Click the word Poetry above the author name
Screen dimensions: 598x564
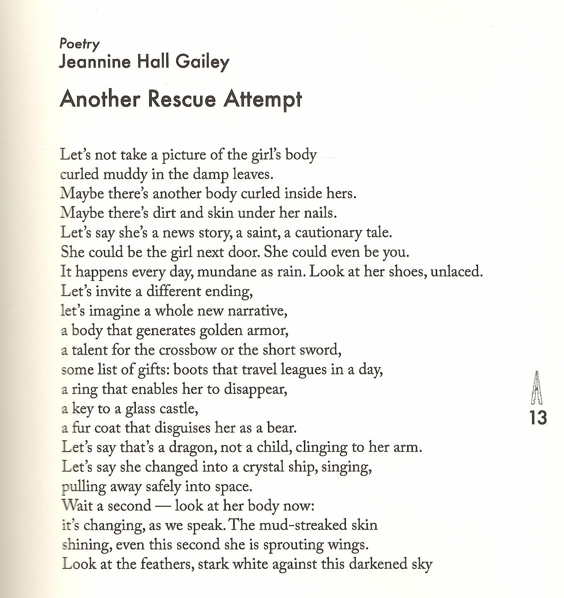point(79,44)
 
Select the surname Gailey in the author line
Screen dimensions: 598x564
point(202,62)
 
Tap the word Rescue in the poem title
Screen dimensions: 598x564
point(182,99)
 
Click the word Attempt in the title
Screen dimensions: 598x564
point(263,100)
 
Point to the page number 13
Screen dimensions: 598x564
point(538,418)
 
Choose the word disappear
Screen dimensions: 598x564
point(255,389)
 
